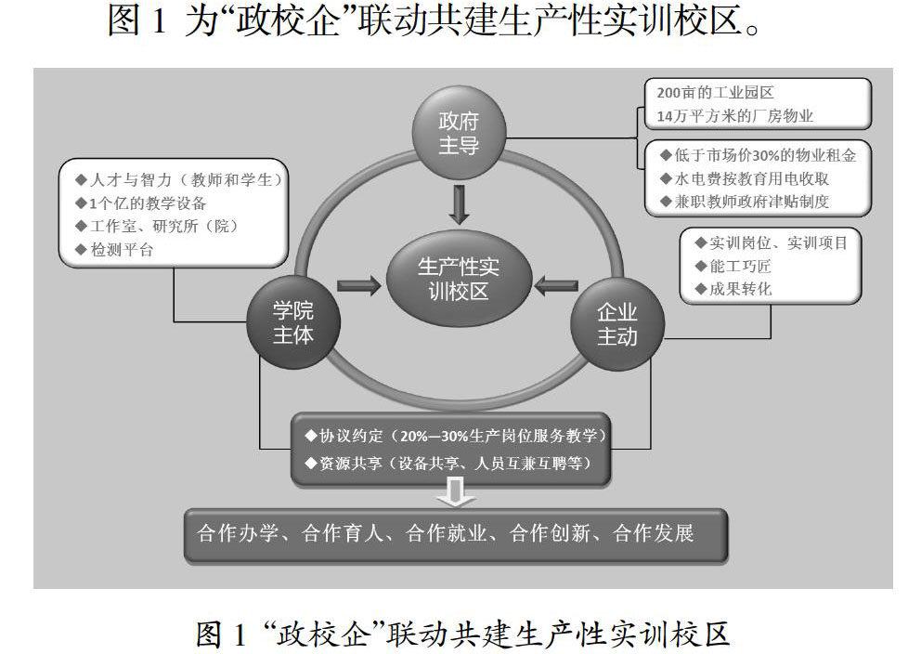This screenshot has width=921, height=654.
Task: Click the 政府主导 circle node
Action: tap(459, 134)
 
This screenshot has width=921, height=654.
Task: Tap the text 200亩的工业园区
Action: tap(715, 93)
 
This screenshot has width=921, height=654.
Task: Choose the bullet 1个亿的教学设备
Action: tap(144, 203)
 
